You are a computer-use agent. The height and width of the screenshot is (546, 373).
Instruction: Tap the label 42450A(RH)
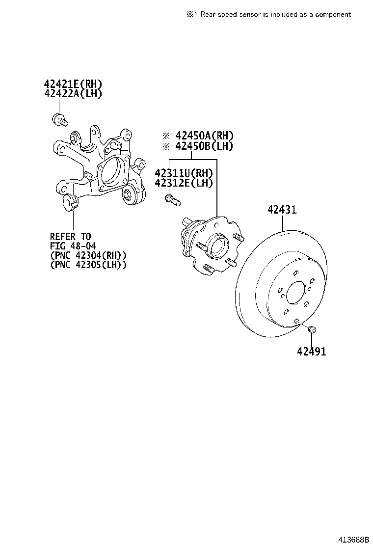pos(204,136)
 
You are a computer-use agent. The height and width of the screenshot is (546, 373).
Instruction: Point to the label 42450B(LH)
pos(204,146)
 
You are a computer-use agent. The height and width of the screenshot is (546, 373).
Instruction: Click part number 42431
pos(282,210)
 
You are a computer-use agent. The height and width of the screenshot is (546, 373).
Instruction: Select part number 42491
pos(311,351)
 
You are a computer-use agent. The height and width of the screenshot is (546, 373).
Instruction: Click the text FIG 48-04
pos(73,246)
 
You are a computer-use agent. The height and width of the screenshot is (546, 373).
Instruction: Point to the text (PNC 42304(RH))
pos(88,255)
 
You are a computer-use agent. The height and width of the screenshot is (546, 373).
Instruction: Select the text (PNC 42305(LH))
pos(88,265)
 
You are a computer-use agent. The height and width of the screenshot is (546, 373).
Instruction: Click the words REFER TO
pos(70,237)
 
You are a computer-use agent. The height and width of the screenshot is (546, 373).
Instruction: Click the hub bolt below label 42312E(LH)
pos(171,199)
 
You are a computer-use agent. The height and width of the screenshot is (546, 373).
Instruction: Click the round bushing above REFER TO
pos(68,201)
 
